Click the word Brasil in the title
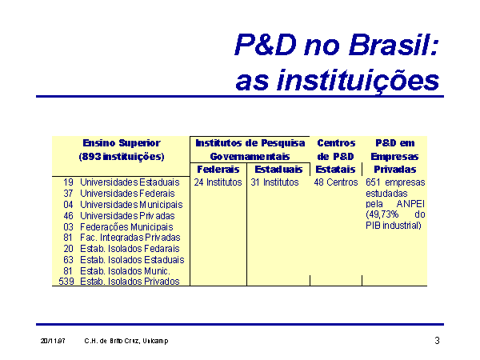pyautogui.click(x=394, y=44)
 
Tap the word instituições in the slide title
pyautogui.click(x=358, y=80)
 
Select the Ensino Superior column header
pyautogui.click(x=122, y=150)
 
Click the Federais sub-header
pyautogui.click(x=218, y=170)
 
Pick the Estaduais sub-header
pyautogui.click(x=278, y=170)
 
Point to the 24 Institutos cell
pyautogui.click(x=218, y=182)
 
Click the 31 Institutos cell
pyautogui.click(x=274, y=182)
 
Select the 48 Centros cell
pyautogui.click(x=336, y=182)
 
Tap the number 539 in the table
pyautogui.click(x=66, y=282)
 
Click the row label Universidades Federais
pyautogui.click(x=127, y=194)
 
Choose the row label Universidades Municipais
pyautogui.click(x=131, y=205)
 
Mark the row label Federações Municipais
pyautogui.click(x=126, y=227)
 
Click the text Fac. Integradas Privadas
pyautogui.click(x=130, y=238)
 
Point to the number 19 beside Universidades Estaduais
pyautogui.click(x=68, y=182)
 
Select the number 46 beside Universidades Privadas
pyautogui.click(x=68, y=216)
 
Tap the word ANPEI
pyautogui.click(x=410, y=204)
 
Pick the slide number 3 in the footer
pyautogui.click(x=437, y=341)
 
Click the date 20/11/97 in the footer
pyautogui.click(x=53, y=341)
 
